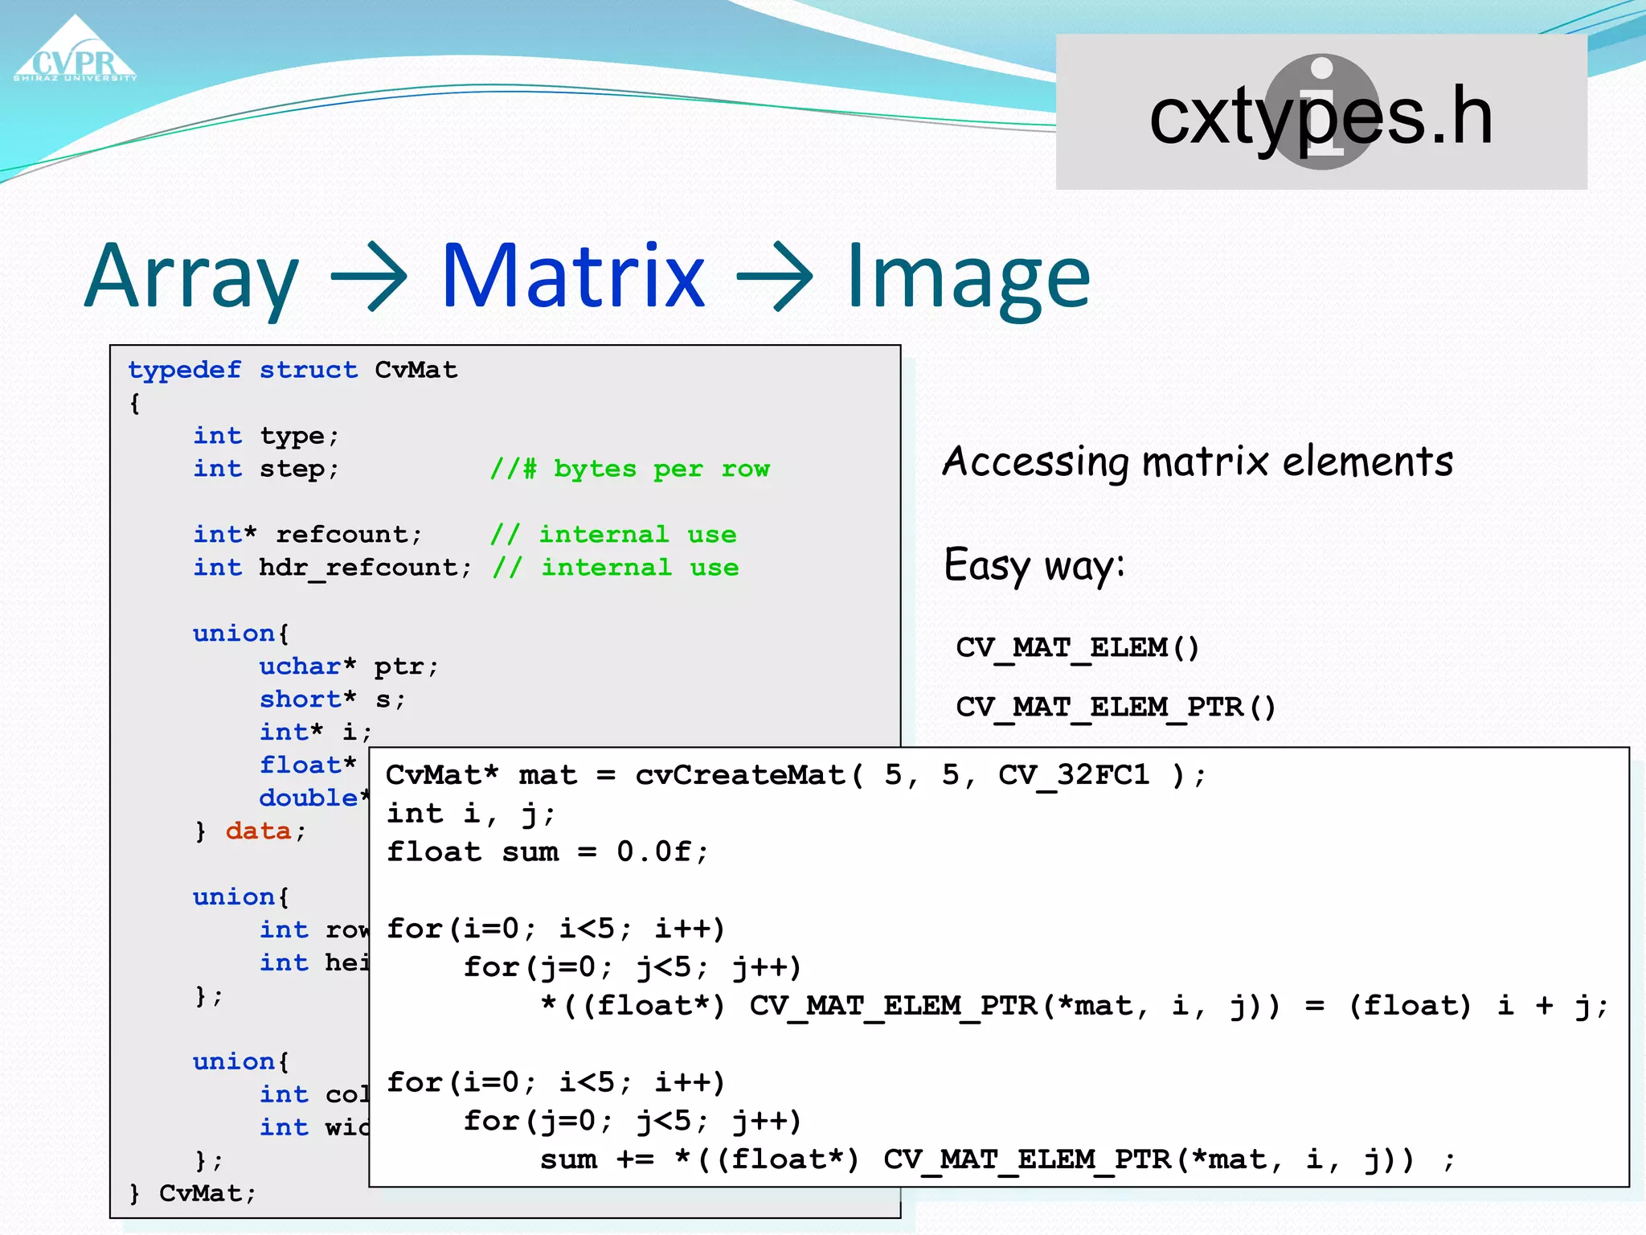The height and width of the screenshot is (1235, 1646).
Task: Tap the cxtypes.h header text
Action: (x=1320, y=117)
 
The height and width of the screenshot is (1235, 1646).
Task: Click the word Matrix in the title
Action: (x=573, y=276)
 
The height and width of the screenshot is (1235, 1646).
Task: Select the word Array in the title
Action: (x=191, y=277)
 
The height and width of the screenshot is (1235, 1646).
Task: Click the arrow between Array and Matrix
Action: (x=369, y=277)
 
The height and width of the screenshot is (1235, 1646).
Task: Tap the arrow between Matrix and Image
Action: (x=774, y=277)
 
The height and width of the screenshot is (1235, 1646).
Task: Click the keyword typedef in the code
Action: (x=184, y=370)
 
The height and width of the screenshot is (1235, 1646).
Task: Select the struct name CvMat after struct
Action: (x=416, y=370)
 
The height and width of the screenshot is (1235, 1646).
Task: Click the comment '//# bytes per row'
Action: (x=629, y=469)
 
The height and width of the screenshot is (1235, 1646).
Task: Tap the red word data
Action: (x=258, y=831)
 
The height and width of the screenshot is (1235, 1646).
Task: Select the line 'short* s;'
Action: (x=332, y=700)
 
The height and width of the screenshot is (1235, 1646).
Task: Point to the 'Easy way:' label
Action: (x=1034, y=565)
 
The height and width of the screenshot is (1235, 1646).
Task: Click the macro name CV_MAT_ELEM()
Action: (x=1077, y=648)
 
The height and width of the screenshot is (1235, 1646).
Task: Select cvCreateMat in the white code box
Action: (x=739, y=775)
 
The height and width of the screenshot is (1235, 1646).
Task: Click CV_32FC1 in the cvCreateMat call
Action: (x=1073, y=775)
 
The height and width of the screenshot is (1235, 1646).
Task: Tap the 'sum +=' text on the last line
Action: (x=596, y=1159)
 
